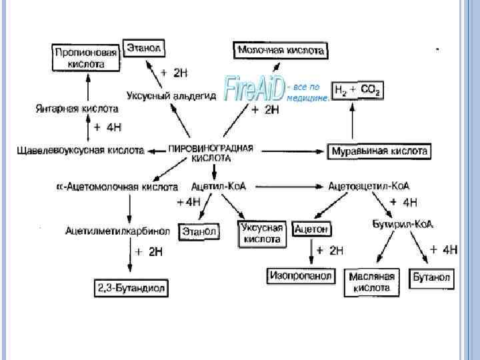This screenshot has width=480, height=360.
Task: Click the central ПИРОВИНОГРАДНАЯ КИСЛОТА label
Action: click(x=211, y=153)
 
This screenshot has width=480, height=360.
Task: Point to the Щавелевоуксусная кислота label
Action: click(x=81, y=151)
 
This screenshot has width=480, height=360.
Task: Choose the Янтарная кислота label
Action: click(x=77, y=108)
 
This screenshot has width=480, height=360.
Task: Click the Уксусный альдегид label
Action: click(x=171, y=96)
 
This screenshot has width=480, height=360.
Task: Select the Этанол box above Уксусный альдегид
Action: click(x=144, y=47)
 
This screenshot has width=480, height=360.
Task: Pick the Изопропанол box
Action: click(x=301, y=275)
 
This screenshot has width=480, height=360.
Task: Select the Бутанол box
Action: click(x=431, y=277)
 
